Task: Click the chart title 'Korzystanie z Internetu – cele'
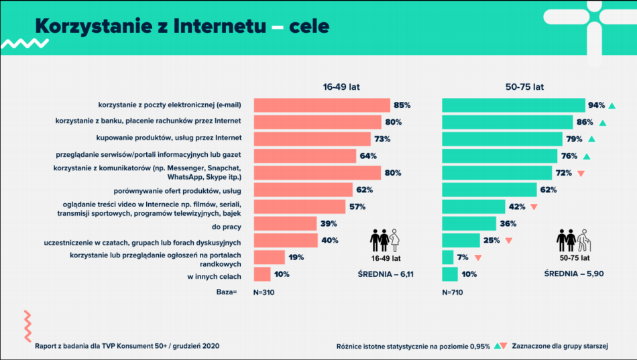(182, 26)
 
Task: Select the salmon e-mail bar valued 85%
(321, 105)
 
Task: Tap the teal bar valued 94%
(513, 105)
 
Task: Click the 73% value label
(382, 139)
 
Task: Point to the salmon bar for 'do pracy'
(285, 223)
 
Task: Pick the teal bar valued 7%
(448, 257)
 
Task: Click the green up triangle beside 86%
(603, 123)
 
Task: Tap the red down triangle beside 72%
(581, 173)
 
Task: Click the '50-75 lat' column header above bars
(524, 87)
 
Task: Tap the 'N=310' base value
(265, 292)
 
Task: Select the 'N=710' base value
(453, 292)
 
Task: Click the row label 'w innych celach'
(213, 275)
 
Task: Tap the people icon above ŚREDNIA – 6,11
(386, 240)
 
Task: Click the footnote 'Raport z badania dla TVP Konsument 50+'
(127, 346)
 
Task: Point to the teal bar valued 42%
(473, 206)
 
